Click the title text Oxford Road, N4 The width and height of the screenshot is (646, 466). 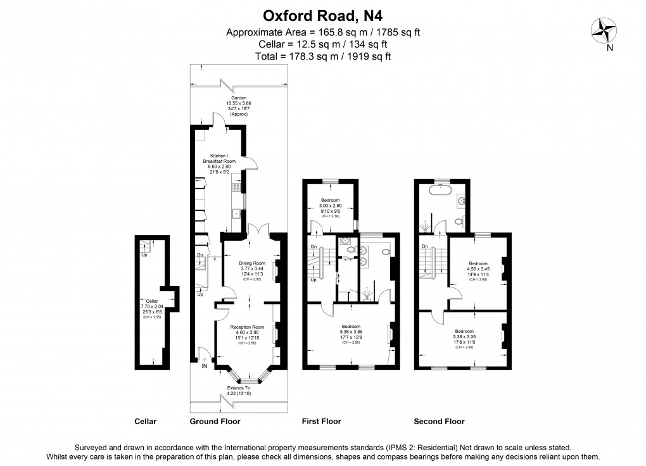point(323,15)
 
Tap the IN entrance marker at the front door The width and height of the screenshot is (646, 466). point(204,367)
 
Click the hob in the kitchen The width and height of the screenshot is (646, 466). point(237,187)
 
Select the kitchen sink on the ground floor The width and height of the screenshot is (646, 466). point(236,213)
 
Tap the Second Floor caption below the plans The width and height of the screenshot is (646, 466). point(439,422)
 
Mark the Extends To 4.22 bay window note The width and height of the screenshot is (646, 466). point(239,391)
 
